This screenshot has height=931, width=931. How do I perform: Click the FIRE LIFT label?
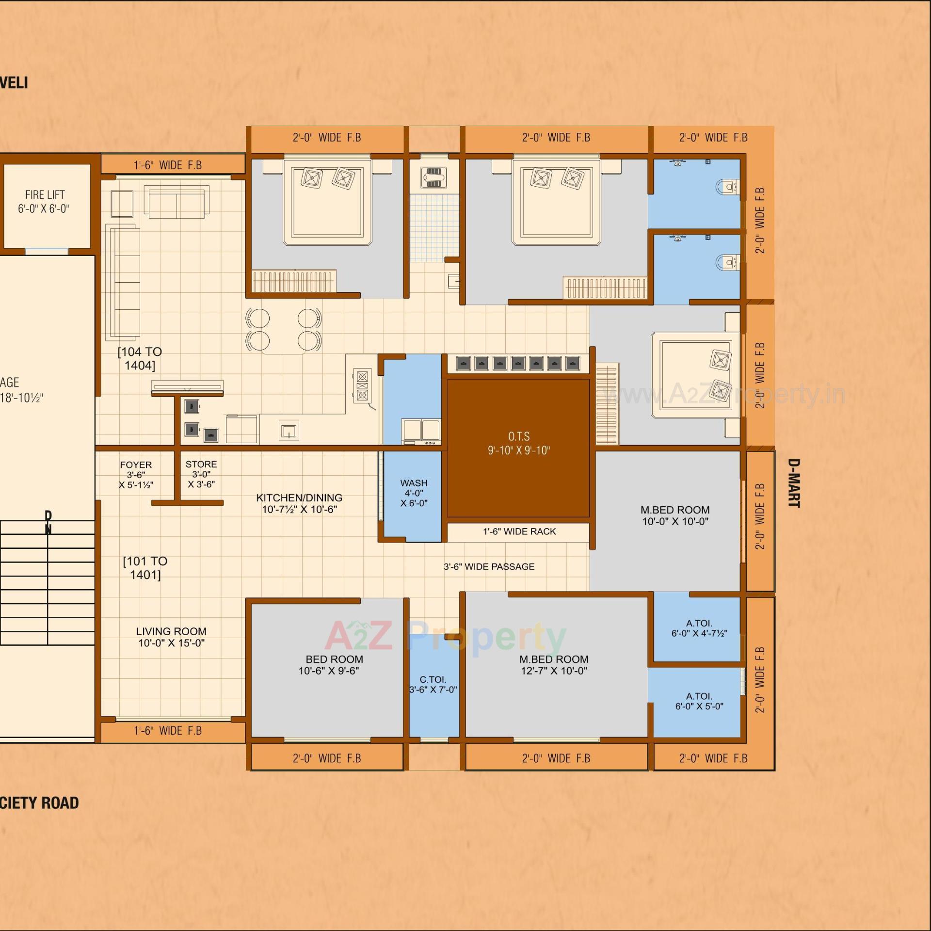pyautogui.click(x=44, y=201)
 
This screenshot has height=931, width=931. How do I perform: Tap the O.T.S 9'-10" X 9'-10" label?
pyautogui.click(x=518, y=443)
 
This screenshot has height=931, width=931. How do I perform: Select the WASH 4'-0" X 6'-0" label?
pyautogui.click(x=414, y=493)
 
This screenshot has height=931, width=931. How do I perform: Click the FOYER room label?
pyautogui.click(x=136, y=474)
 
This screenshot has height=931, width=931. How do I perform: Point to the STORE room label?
pyautogui.click(x=201, y=474)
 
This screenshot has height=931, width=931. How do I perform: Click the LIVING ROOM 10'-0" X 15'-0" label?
pyautogui.click(x=171, y=637)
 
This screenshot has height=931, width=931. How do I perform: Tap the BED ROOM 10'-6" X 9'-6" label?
pyautogui.click(x=334, y=664)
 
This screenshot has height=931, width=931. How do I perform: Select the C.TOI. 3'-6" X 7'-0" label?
pyautogui.click(x=433, y=684)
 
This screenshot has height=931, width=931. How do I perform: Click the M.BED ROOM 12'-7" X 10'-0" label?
pyautogui.click(x=553, y=664)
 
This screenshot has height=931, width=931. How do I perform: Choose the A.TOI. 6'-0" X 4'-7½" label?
pyautogui.click(x=699, y=628)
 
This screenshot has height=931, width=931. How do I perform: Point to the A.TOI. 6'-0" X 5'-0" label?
pyautogui.click(x=699, y=701)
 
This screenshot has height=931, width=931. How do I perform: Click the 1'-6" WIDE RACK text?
pyautogui.click(x=519, y=531)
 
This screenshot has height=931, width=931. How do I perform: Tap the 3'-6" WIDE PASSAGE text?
pyautogui.click(x=489, y=566)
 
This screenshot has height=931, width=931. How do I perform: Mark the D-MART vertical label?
pyautogui.click(x=793, y=483)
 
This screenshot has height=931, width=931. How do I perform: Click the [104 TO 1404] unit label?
pyautogui.click(x=140, y=358)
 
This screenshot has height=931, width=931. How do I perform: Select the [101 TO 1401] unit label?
pyautogui.click(x=145, y=568)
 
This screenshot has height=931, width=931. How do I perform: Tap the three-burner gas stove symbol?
pyautogui.click(x=362, y=386)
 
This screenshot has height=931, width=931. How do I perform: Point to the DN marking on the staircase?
pyautogui.click(x=48, y=522)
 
